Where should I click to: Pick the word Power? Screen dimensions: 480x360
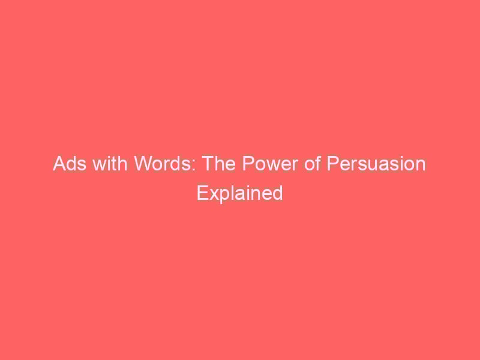point(270,164)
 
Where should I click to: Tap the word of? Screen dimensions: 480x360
point(312,164)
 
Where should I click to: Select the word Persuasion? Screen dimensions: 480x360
point(376,164)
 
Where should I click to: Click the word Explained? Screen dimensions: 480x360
point(239,193)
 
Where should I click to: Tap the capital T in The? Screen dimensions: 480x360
point(209,164)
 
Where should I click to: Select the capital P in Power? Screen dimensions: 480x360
point(248,164)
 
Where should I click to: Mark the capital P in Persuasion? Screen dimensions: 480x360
point(332,164)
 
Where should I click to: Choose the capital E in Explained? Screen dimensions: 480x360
point(202,193)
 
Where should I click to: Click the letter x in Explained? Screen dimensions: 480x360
point(214,195)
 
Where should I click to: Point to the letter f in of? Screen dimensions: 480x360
point(318,164)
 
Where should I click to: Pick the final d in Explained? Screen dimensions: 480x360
point(278,193)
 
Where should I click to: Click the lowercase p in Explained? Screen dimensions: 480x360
point(226,197)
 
